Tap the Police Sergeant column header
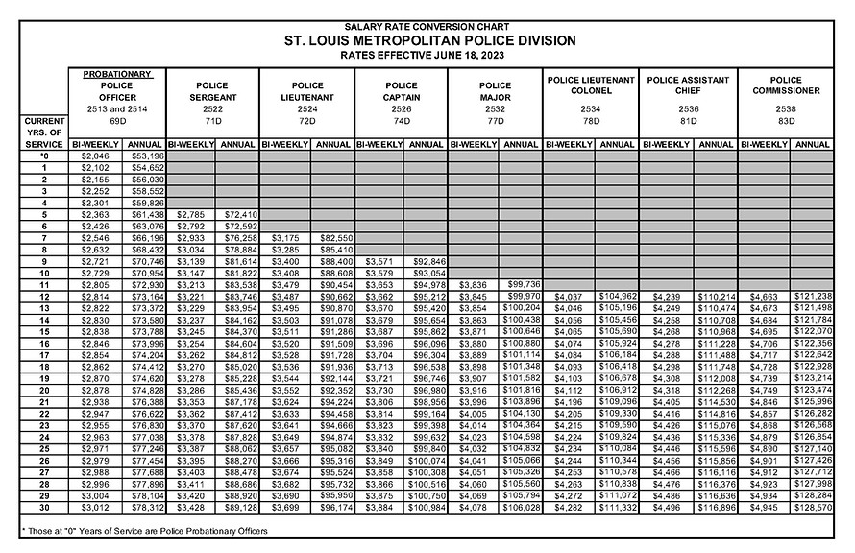click(x=214, y=90)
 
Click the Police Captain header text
click(x=402, y=90)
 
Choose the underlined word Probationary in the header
click(x=117, y=73)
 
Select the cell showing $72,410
click(x=239, y=214)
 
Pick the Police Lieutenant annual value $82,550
click(x=332, y=237)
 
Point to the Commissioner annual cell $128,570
click(x=813, y=507)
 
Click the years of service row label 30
click(x=44, y=507)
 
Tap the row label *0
click(x=44, y=156)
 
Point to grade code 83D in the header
click(x=786, y=124)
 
